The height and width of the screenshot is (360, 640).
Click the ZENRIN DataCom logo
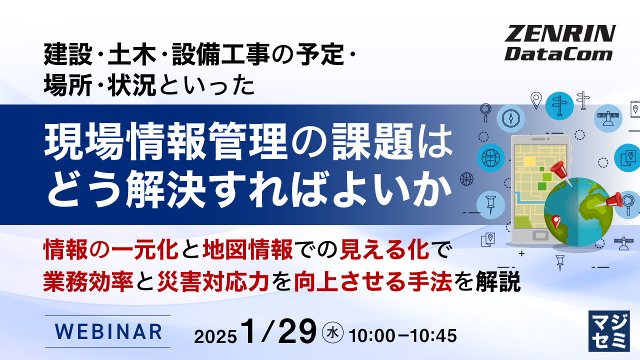(x=559, y=43)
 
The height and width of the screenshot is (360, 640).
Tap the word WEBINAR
(x=107, y=331)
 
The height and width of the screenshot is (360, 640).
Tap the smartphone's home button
(x=541, y=234)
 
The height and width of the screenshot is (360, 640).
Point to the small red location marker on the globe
(x=555, y=220)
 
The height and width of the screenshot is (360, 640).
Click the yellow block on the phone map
(x=529, y=160)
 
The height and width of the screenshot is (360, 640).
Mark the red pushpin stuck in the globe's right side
(x=615, y=199)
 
